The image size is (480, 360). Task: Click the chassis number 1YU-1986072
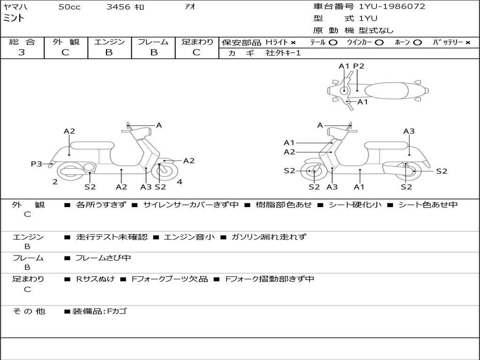click(x=392, y=7)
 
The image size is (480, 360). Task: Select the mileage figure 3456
click(x=119, y=7)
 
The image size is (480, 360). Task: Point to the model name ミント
click(x=14, y=18)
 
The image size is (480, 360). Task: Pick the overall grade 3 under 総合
click(x=22, y=52)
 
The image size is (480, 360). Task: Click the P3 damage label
click(x=37, y=164)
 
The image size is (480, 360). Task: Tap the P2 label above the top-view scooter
click(x=359, y=66)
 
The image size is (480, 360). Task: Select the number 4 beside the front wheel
click(x=180, y=182)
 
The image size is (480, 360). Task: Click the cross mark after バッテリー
click(x=467, y=42)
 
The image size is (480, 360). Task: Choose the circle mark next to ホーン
click(x=417, y=42)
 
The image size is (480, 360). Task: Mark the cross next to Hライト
click(x=293, y=42)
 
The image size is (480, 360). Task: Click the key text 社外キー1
click(x=283, y=53)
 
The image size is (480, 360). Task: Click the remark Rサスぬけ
click(x=95, y=279)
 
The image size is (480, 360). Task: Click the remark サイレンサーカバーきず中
click(x=191, y=205)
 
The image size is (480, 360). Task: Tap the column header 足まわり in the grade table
click(x=197, y=42)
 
